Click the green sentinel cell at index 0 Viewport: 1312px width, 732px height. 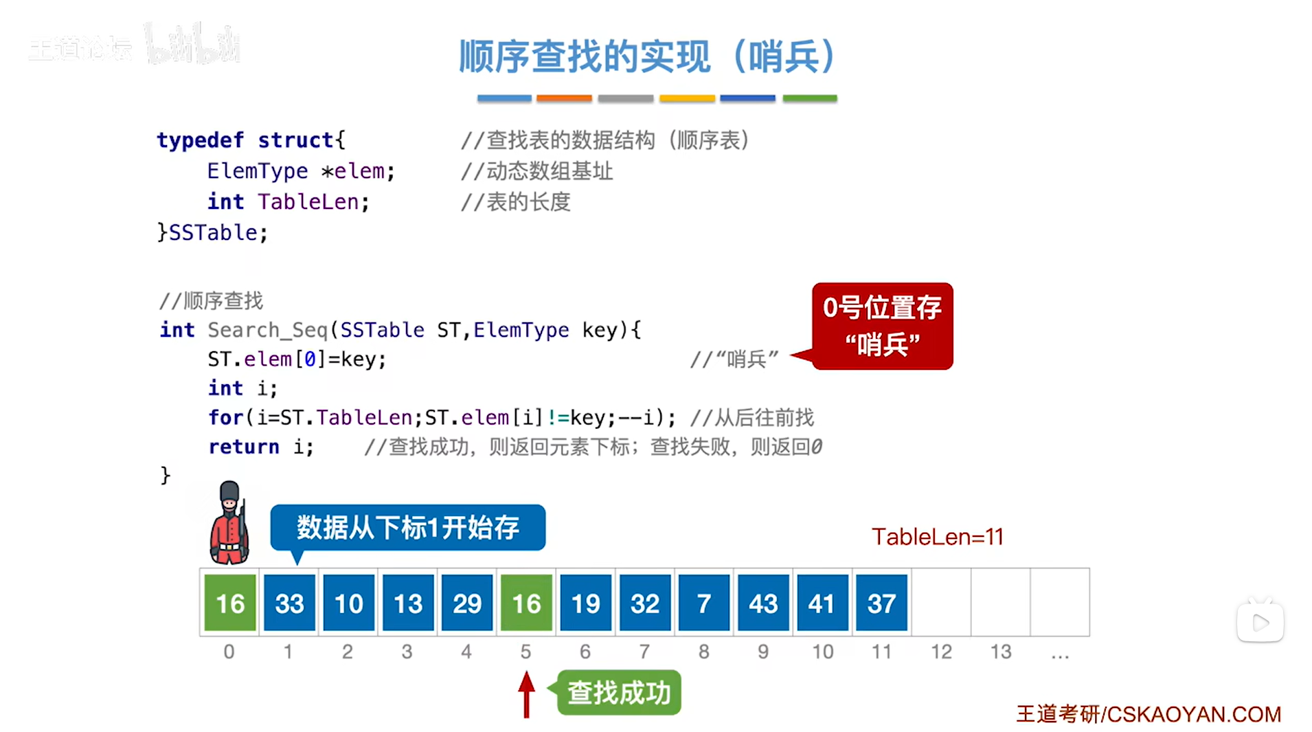[230, 603]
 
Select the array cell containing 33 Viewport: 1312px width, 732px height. [289, 603]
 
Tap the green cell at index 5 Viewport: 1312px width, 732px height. [526, 603]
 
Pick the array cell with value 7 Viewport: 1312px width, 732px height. [703, 603]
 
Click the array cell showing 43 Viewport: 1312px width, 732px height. [763, 603]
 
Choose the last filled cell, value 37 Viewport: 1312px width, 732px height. [881, 603]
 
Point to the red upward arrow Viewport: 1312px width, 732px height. [526, 694]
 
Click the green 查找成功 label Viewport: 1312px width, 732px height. [619, 692]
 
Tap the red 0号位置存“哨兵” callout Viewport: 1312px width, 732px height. [882, 326]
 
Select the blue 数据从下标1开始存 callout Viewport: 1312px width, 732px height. [407, 527]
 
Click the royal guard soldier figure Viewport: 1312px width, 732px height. [229, 523]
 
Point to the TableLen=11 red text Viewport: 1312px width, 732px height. [937, 536]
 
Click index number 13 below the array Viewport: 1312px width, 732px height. [1000, 651]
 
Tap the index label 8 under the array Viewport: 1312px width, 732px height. [703, 651]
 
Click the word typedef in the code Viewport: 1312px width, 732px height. [200, 140]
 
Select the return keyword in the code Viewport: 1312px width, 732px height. [244, 446]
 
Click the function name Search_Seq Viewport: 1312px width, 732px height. [267, 330]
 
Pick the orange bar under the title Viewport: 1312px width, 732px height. [564, 98]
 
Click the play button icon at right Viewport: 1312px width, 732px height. [1260, 623]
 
